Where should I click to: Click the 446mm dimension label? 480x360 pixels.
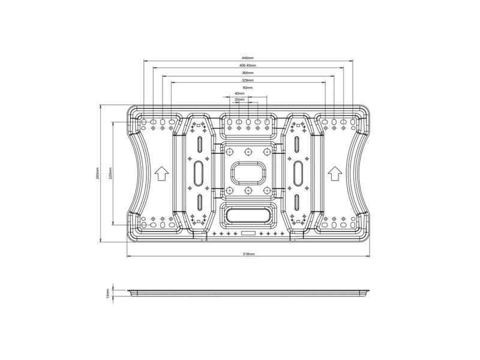click(x=248, y=58)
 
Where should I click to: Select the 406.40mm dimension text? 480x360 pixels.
click(x=248, y=65)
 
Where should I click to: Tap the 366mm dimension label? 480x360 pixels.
click(x=248, y=73)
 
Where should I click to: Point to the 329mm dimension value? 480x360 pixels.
click(x=248, y=80)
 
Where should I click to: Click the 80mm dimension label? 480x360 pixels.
click(x=248, y=87)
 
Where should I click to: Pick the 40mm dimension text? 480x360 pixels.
click(x=239, y=94)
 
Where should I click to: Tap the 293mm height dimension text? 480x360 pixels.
click(x=98, y=174)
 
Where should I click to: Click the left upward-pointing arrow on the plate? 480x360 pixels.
click(x=161, y=173)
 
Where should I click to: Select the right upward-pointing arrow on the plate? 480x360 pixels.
click(x=335, y=173)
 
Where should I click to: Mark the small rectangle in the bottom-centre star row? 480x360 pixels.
click(x=248, y=232)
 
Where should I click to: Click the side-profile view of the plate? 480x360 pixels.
click(x=248, y=293)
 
